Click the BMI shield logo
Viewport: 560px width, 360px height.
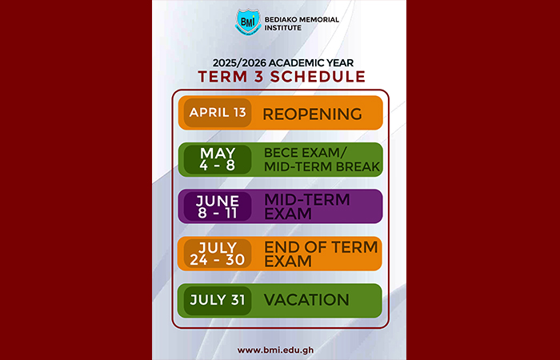[247, 22]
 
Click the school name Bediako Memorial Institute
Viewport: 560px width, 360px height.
[302, 23]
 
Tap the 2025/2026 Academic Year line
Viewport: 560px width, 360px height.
[283, 63]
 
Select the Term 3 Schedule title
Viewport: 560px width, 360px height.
[282, 77]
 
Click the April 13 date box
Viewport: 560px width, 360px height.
[218, 113]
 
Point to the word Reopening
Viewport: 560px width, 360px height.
[313, 114]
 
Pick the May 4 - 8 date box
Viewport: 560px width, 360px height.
[218, 159]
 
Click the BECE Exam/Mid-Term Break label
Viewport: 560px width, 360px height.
[322, 160]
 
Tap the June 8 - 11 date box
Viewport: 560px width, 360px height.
[218, 206]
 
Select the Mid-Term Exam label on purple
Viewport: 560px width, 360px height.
[306, 206]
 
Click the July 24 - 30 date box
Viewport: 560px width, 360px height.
[218, 254]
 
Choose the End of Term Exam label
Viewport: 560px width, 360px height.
[321, 254]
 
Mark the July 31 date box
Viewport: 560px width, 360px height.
[218, 300]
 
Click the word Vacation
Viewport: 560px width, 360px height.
[306, 300]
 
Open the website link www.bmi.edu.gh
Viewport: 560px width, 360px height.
[276, 350]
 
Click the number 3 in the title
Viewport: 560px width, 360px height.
[258, 77]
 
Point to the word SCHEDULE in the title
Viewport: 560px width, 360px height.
[318, 77]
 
